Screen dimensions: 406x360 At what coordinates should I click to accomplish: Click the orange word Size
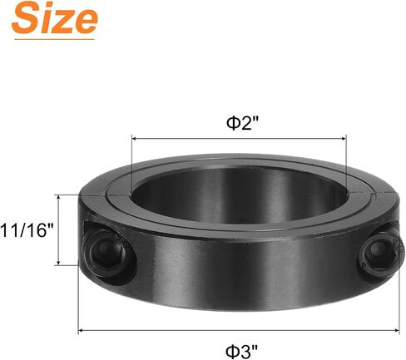(x=55, y=18)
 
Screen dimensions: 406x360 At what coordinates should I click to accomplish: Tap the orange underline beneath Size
(x=54, y=39)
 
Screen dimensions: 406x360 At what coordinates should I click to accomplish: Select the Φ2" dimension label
(x=242, y=123)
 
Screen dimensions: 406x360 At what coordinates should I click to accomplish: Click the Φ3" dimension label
(x=241, y=352)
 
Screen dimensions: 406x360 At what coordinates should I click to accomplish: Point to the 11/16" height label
(x=27, y=230)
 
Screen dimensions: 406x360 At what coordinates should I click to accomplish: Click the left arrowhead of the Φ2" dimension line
(x=134, y=138)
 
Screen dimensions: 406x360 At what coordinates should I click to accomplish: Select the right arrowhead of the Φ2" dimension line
(x=344, y=138)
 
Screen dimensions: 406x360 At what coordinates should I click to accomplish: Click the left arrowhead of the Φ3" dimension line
(x=81, y=330)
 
